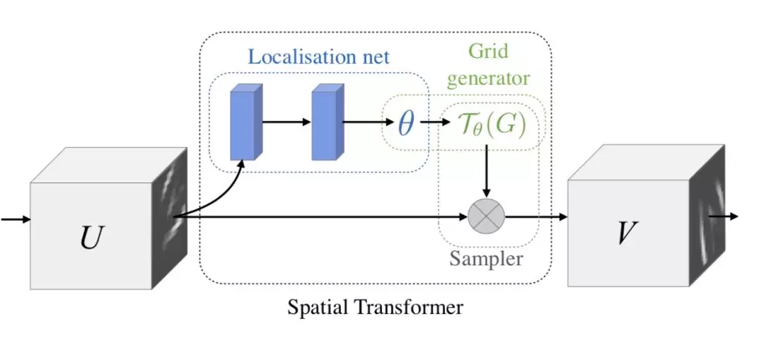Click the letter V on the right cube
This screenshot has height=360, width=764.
click(623, 231)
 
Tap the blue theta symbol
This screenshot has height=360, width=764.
click(405, 122)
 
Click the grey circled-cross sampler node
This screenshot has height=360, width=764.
click(486, 216)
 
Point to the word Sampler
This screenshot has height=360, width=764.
click(486, 260)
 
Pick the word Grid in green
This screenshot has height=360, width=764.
click(488, 52)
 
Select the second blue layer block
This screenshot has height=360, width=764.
click(328, 122)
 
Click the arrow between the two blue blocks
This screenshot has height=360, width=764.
click(286, 122)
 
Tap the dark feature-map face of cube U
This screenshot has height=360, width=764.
click(169, 212)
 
